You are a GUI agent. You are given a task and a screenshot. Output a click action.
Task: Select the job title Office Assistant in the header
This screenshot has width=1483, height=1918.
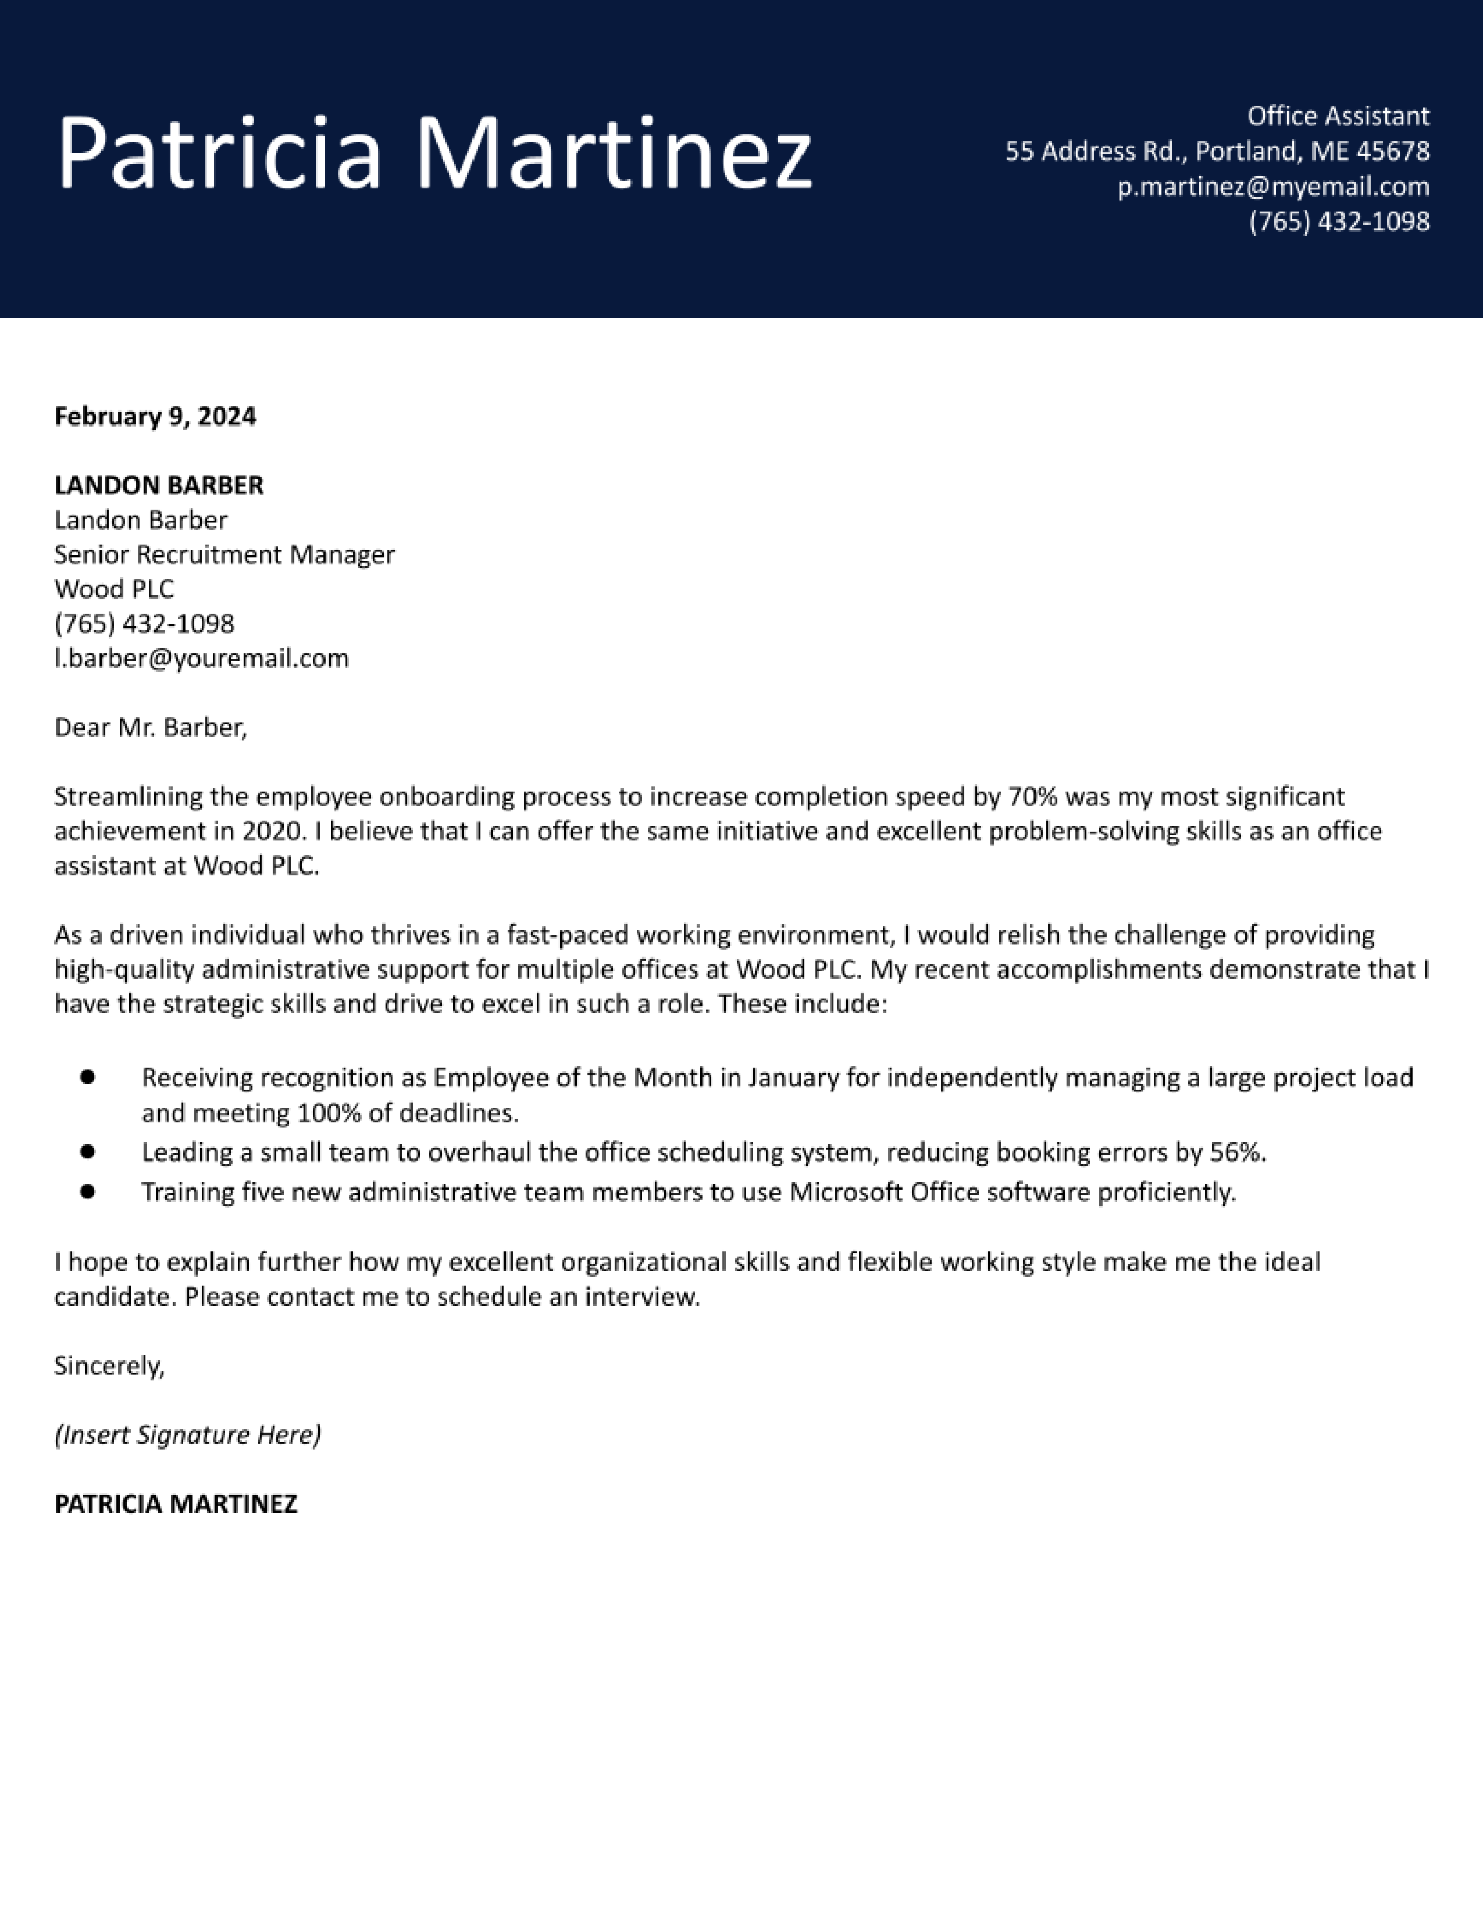[1338, 116]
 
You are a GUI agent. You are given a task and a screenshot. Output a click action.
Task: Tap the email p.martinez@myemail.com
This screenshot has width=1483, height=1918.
[1273, 186]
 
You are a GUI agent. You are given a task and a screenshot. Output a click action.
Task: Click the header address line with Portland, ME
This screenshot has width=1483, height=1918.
[1217, 151]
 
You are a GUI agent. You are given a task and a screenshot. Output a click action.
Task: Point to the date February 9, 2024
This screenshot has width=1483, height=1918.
[155, 416]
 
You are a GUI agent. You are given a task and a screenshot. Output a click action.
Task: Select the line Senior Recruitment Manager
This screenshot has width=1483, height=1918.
[224, 554]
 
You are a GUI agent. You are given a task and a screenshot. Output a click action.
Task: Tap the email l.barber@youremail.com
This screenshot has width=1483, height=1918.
[201, 658]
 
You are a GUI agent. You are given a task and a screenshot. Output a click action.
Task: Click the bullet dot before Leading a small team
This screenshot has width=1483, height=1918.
[87, 1150]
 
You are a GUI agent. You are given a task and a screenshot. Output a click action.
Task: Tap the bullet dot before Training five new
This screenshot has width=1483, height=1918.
[87, 1191]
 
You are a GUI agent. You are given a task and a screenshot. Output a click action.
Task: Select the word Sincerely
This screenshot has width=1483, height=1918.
[109, 1366]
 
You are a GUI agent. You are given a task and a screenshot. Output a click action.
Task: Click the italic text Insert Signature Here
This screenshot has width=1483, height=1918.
[187, 1435]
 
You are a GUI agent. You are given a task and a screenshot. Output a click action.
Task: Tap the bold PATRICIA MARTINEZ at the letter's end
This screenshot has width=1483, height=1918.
[176, 1504]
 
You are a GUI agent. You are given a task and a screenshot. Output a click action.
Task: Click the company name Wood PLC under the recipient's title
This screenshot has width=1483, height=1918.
[114, 588]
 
